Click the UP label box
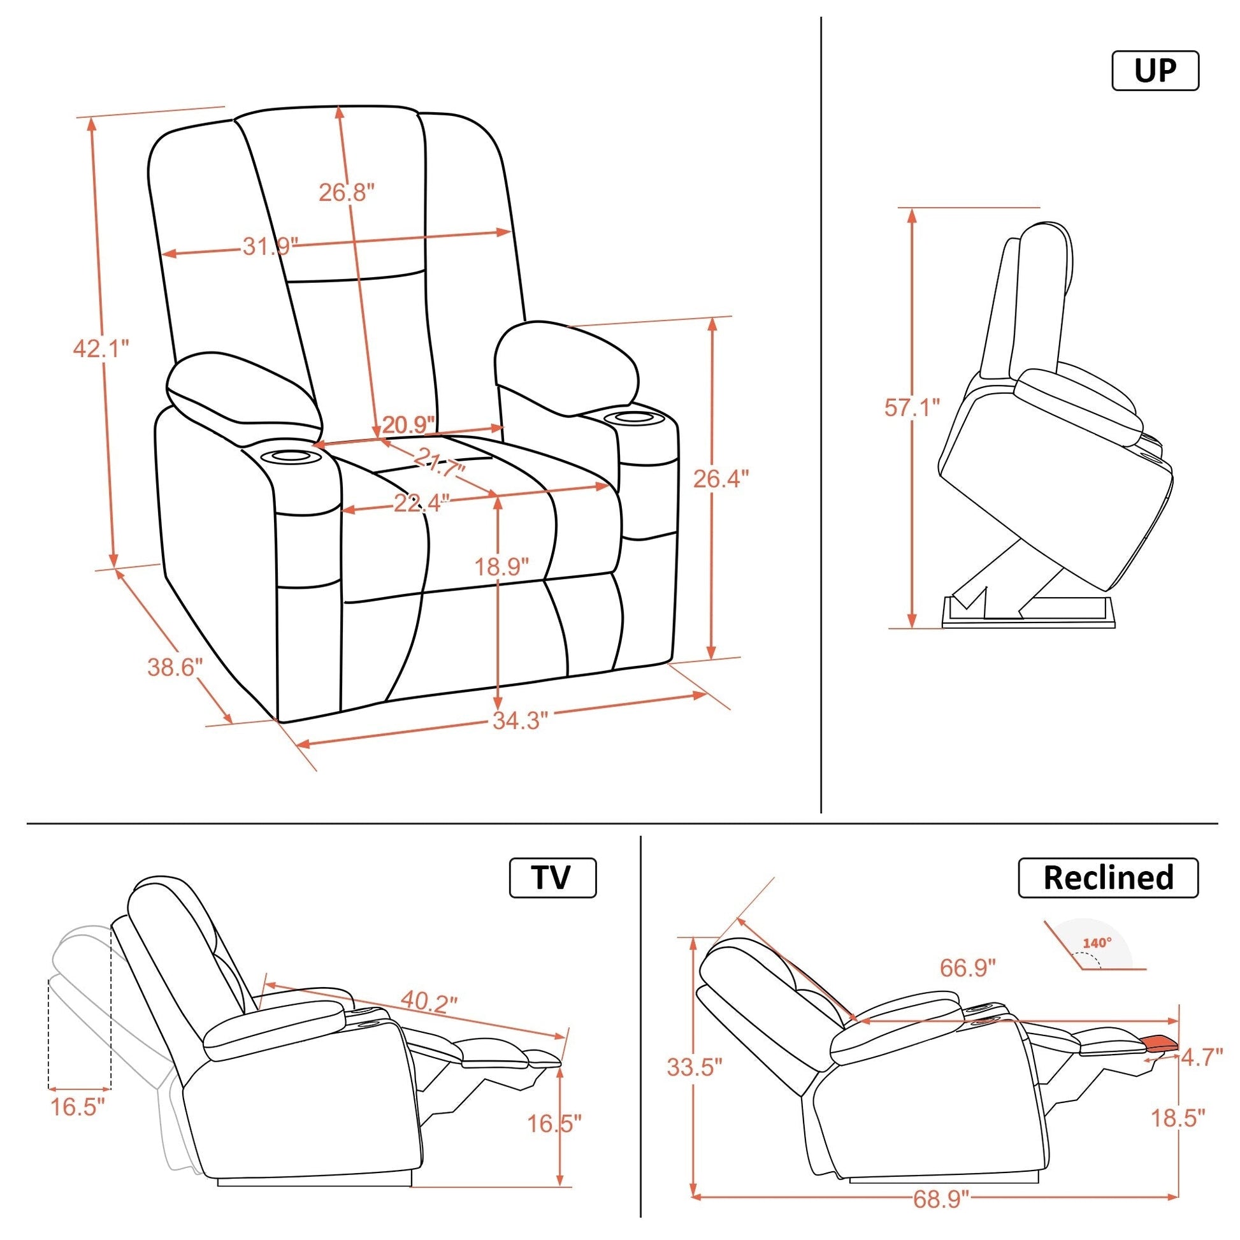(1155, 71)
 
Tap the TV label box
(552, 877)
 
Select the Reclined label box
(1108, 877)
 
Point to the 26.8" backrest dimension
(347, 192)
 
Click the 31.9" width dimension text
(271, 246)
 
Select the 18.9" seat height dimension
(502, 566)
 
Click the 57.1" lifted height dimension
(912, 407)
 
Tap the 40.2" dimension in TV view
(429, 999)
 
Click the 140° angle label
(1097, 944)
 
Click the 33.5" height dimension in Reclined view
(695, 1067)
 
